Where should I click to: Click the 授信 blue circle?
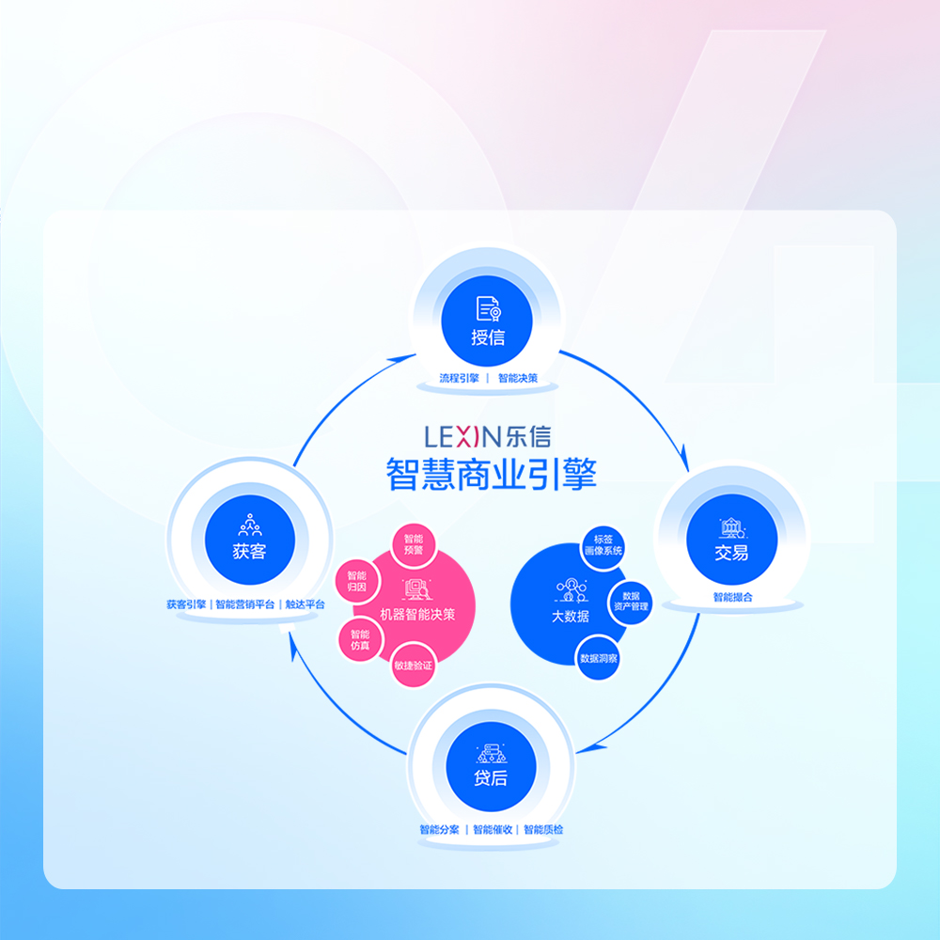(487, 321)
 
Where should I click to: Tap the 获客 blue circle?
(250, 540)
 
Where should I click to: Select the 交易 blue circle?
(731, 540)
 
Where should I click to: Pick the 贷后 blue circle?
(491, 767)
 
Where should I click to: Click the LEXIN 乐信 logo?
(487, 436)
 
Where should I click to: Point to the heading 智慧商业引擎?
(491, 474)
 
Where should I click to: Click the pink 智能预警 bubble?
(414, 545)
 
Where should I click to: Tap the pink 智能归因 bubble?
(356, 582)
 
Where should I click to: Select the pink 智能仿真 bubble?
(360, 639)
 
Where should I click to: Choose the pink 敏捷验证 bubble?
(413, 665)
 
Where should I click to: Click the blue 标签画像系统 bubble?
(603, 545)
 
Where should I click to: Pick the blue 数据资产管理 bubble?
(631, 602)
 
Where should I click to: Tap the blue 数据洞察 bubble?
(598, 658)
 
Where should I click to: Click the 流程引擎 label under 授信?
(460, 378)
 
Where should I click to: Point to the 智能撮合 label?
(732, 597)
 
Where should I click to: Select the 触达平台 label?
(305, 604)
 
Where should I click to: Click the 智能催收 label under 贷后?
(493, 830)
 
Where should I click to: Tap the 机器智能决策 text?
(418, 615)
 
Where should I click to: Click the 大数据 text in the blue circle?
(571, 617)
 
